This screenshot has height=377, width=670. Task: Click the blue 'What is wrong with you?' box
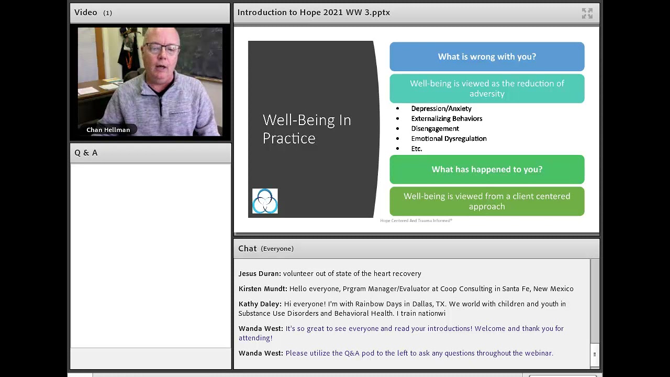click(487, 57)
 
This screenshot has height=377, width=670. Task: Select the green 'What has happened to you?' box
click(487, 169)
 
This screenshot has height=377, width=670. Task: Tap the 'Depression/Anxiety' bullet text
click(441, 108)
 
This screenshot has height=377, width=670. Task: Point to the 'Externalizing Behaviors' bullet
click(446, 118)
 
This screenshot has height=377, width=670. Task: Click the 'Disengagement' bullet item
click(435, 128)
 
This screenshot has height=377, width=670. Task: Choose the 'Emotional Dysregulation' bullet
click(449, 138)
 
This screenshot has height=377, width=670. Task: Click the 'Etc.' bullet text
click(417, 149)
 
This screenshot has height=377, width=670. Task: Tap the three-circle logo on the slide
click(265, 201)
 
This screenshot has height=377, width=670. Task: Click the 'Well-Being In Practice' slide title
click(306, 129)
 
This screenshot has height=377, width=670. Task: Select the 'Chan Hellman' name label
click(108, 130)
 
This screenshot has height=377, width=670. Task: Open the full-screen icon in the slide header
click(587, 14)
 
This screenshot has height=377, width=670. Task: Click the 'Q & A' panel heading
click(86, 153)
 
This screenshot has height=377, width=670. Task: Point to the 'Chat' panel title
click(248, 248)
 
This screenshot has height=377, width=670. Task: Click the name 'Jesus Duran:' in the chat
click(260, 273)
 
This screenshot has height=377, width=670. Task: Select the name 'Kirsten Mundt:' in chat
click(263, 289)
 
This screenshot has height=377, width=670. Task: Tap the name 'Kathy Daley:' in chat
click(260, 304)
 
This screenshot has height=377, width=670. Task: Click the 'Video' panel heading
click(86, 13)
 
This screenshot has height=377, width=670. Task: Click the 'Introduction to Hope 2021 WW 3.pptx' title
click(314, 13)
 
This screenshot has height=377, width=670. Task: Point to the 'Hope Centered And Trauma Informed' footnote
click(416, 220)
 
